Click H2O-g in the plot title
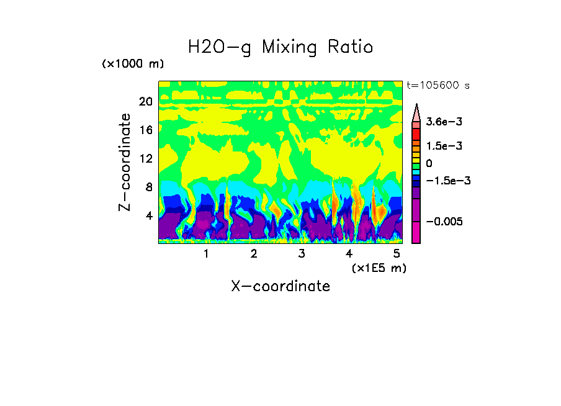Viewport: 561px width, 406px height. coord(220,47)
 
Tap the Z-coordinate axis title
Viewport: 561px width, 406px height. coord(125,162)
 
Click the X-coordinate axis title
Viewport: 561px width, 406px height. coord(280,286)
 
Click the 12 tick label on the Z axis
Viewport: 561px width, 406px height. coord(146,158)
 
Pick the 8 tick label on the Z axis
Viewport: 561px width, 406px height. coord(149,187)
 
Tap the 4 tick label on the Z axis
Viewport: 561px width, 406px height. coord(149,215)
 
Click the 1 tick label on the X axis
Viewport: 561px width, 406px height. coord(206,253)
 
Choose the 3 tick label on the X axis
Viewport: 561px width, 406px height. coord(302,253)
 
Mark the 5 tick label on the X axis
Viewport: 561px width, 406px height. coord(397,253)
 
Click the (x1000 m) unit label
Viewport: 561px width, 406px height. coord(133,65)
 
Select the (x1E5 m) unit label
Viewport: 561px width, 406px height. coord(379,268)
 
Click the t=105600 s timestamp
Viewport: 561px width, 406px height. coord(438,85)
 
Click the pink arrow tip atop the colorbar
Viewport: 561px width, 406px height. coord(416,111)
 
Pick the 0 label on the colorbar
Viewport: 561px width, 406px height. coord(429,163)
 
